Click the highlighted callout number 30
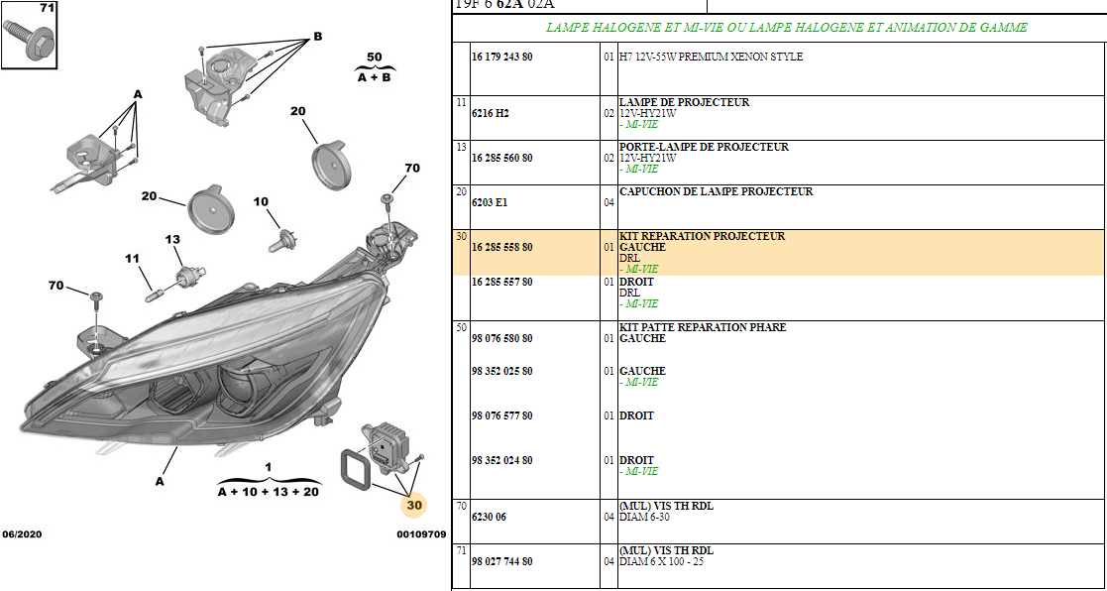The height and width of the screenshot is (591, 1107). coord(413,505)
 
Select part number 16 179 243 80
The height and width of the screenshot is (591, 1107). coord(501,57)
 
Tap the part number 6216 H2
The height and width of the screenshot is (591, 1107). coord(490,113)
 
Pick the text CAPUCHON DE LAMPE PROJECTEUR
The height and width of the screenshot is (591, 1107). coord(716,191)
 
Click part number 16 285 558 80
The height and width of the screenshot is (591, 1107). coord(501,247)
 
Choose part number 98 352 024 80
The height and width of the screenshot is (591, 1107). coord(501,460)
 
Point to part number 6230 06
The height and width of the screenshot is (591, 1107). coord(489,517)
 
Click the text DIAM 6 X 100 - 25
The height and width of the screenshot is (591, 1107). coord(661,562)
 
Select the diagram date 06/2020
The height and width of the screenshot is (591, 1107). coord(21,534)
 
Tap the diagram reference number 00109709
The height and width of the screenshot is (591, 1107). coord(421,534)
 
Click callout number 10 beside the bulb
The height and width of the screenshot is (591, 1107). coord(262,202)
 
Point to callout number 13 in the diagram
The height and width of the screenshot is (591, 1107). coord(173,239)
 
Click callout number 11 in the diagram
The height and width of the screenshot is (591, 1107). coord(133,259)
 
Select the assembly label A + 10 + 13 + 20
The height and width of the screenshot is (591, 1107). coord(269,492)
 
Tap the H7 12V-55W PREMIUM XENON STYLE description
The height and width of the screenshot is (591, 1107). coord(711,57)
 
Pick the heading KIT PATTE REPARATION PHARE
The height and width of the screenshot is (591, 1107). coord(703,327)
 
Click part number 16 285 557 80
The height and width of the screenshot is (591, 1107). coord(501,282)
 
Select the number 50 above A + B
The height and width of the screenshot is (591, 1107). coord(375,57)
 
